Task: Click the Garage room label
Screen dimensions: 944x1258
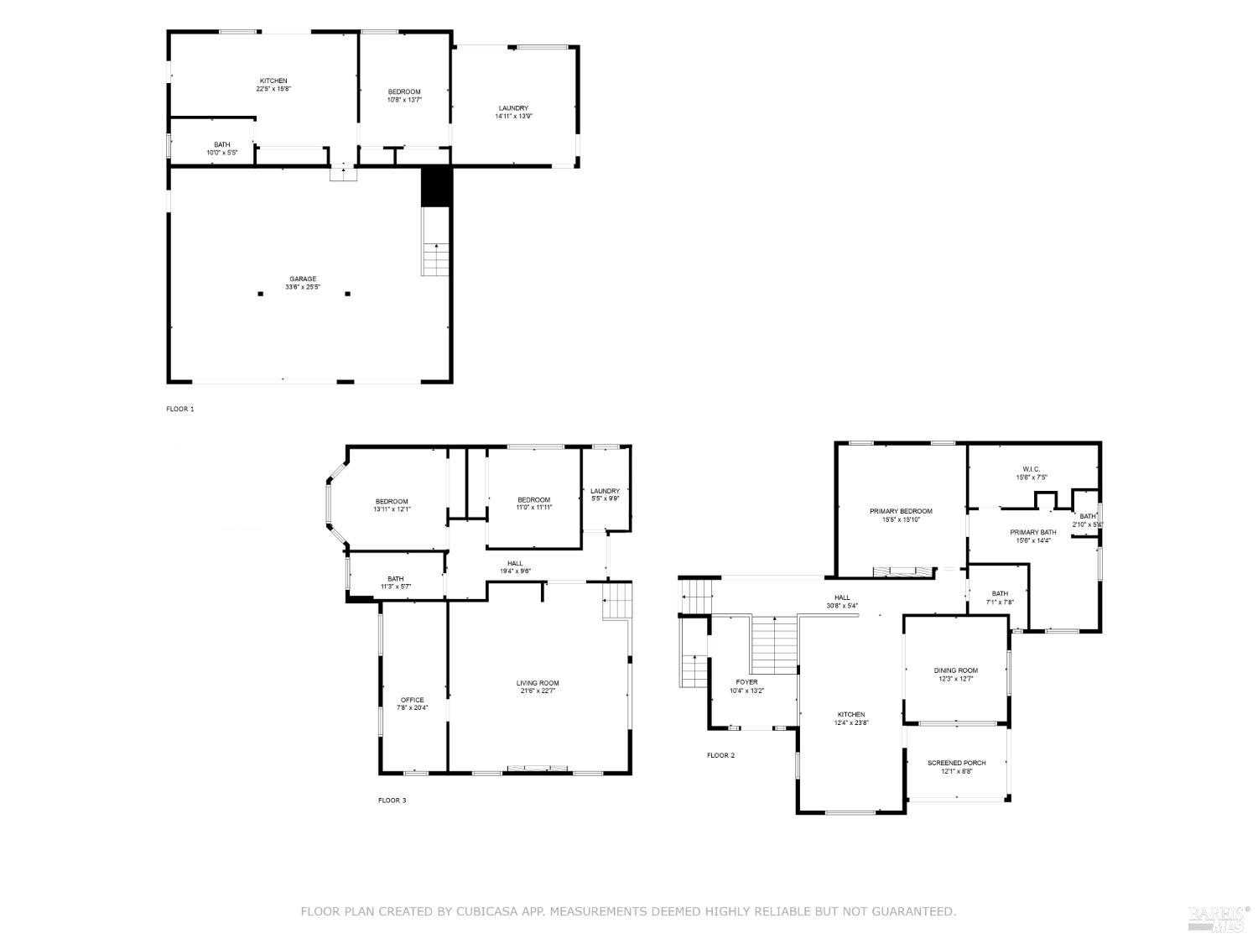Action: tap(303, 279)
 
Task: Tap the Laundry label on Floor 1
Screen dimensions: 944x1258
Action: tap(513, 108)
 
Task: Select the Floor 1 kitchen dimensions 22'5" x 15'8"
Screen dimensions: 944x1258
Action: tap(273, 89)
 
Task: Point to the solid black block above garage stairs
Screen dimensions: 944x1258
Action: tap(436, 185)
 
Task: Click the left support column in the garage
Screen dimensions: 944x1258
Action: tap(261, 294)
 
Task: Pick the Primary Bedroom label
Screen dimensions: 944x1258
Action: tap(901, 511)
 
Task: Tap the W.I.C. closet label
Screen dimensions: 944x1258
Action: tap(1031, 469)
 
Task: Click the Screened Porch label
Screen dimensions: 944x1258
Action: tap(956, 763)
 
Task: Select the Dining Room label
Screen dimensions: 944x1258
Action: tap(956, 670)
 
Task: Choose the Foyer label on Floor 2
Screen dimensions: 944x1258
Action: tap(746, 682)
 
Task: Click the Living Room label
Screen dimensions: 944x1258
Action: tap(537, 683)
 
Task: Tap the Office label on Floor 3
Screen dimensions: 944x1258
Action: tap(412, 700)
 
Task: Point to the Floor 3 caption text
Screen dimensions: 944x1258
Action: tap(392, 801)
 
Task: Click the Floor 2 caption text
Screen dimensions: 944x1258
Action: tap(720, 755)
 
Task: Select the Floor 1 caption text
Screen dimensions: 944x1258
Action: tap(179, 409)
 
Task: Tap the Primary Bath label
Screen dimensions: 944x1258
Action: tap(1032, 532)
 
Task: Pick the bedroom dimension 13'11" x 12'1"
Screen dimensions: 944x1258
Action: tap(392, 509)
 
